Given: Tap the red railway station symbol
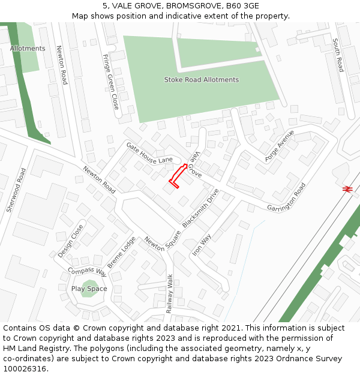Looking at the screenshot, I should point(347,188).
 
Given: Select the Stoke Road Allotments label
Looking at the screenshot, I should point(202,80).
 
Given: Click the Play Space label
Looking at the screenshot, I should point(89,289).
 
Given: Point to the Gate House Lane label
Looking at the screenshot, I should point(149,152).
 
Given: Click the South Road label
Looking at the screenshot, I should point(338,55).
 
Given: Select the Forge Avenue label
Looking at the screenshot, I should point(280,145).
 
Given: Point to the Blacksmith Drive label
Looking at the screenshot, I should point(201,208).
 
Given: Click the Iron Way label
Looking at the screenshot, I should point(202,245).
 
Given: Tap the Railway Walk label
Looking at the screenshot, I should point(170,294).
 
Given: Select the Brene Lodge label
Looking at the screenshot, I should point(121,253).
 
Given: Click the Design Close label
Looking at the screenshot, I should point(71,241).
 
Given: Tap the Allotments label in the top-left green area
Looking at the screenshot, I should point(28,48).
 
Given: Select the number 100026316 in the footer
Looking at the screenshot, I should point(25,368).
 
